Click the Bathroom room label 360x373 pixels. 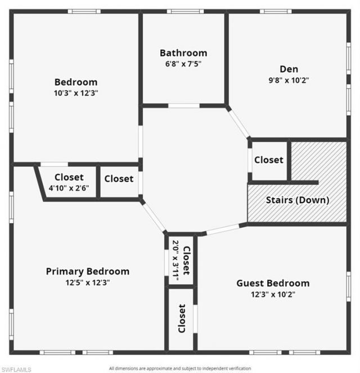(x=183, y=53)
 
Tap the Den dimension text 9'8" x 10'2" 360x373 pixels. (x=289, y=80)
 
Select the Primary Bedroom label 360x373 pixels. (x=88, y=271)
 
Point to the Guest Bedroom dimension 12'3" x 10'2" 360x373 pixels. (x=273, y=294)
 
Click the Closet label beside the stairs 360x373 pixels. (x=269, y=160)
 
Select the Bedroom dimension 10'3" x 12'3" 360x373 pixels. (x=76, y=93)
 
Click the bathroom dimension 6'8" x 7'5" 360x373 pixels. (x=183, y=64)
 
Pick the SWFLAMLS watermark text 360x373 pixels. (x=16, y=369)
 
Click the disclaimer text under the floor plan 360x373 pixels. (x=180, y=368)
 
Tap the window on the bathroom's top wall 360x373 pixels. (x=185, y=11)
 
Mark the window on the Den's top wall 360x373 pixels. (x=276, y=11)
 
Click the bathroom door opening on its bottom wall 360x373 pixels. (x=184, y=105)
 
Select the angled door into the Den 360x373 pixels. (x=238, y=123)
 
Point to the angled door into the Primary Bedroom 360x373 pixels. (x=154, y=217)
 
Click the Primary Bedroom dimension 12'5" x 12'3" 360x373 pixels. (x=88, y=282)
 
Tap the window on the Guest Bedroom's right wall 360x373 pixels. (x=348, y=287)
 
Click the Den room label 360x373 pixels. (x=289, y=69)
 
